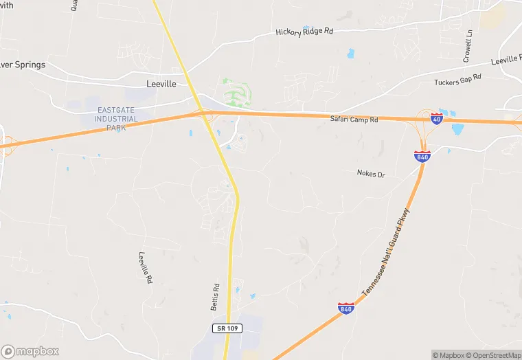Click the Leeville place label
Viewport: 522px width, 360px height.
(x=161, y=84)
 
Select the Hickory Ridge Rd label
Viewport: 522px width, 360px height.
(x=304, y=31)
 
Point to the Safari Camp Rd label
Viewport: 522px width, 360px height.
(x=355, y=120)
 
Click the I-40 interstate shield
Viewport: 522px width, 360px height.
(x=437, y=119)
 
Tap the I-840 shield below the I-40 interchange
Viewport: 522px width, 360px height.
(x=422, y=156)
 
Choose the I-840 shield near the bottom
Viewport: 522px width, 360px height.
(x=346, y=308)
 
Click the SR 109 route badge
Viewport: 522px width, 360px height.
(x=225, y=329)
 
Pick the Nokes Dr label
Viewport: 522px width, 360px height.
(x=371, y=174)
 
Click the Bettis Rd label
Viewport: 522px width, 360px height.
(x=215, y=296)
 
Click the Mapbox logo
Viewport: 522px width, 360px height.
(x=30, y=351)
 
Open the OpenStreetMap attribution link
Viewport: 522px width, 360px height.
(x=494, y=355)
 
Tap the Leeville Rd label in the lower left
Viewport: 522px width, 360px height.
(x=145, y=268)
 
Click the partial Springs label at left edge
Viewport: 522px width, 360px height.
(x=23, y=65)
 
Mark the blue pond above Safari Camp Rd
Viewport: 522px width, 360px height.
(x=351, y=54)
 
